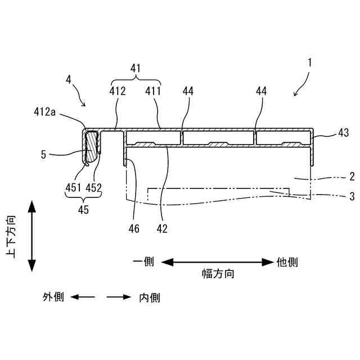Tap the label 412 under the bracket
(118, 91)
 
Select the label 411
(152, 91)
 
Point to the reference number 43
(343, 133)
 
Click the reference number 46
(134, 228)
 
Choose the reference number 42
(163, 228)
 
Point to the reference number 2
(352, 177)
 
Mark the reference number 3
(352, 196)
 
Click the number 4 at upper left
(68, 79)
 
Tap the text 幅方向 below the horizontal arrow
(218, 274)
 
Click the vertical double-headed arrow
(31, 238)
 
